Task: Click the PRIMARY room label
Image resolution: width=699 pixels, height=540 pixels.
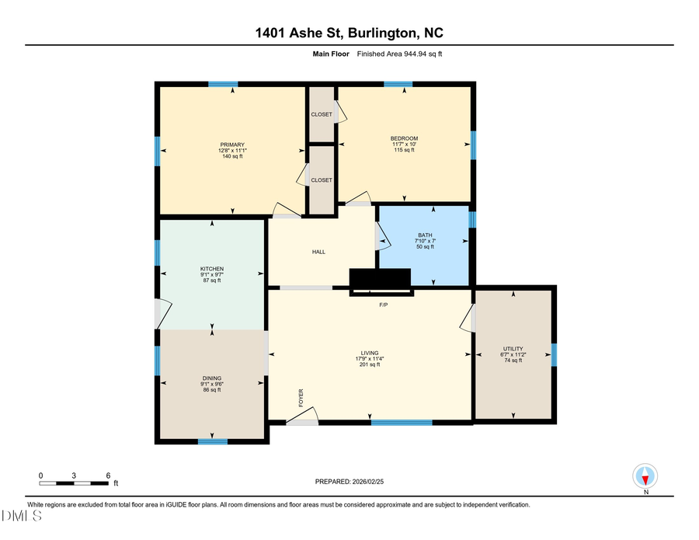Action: click(x=232, y=145)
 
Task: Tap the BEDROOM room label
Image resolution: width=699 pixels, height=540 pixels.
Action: click(x=404, y=138)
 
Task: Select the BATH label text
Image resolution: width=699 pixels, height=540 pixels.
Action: click(x=424, y=235)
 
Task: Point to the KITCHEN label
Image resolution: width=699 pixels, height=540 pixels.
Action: click(x=212, y=269)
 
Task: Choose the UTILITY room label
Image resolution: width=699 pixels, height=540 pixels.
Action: click(x=513, y=349)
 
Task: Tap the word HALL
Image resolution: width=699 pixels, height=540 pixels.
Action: click(x=318, y=252)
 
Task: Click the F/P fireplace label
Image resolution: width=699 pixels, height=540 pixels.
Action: click(x=383, y=305)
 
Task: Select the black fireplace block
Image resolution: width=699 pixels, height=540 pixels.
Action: click(x=380, y=279)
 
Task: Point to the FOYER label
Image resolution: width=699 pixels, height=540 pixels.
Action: click(x=301, y=398)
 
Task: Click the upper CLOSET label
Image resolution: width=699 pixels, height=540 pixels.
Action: click(x=322, y=114)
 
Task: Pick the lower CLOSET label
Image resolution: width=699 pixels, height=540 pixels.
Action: click(x=322, y=180)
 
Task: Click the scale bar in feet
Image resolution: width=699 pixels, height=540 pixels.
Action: click(x=75, y=483)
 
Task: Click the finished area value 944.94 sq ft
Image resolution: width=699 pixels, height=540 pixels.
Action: click(x=420, y=54)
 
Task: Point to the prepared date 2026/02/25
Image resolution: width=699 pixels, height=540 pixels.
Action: click(x=368, y=482)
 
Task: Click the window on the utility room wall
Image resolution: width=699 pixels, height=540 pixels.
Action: click(x=554, y=354)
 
